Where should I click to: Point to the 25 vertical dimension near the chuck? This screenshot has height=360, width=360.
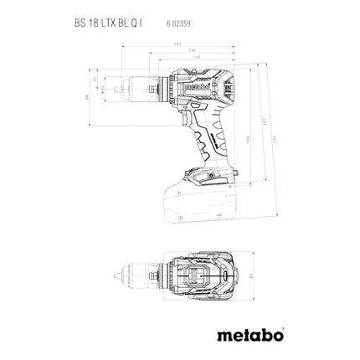[95, 80]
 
